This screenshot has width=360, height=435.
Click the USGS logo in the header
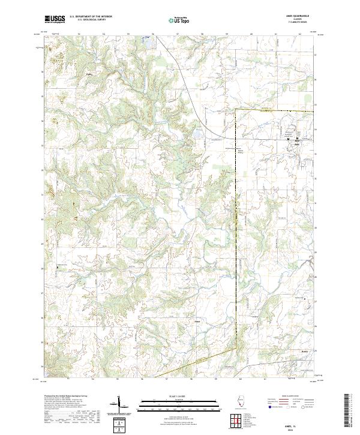(x=55, y=20)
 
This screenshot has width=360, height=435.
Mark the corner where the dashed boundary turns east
(x=235, y=110)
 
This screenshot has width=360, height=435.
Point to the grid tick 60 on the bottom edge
(x=239, y=379)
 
